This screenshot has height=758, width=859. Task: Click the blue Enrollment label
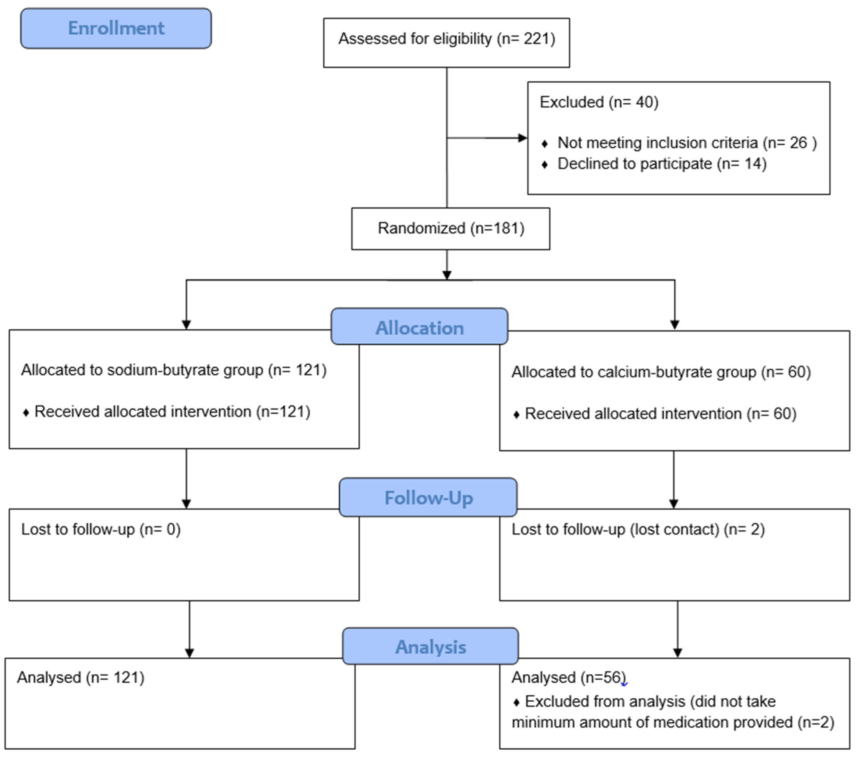coord(116,28)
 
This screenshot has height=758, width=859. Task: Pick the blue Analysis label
coord(430,646)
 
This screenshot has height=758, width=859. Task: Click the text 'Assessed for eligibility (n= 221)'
coord(446,39)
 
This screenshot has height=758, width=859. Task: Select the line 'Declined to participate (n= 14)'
coord(661,164)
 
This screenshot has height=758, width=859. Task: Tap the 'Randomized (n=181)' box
coord(451,228)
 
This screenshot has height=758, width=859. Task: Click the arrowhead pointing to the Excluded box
coord(522,138)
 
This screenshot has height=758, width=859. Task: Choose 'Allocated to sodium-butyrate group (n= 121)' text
coord(174,370)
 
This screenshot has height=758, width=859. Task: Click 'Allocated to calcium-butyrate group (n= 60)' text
coord(661,372)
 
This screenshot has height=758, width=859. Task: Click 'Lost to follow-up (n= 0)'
coord(101,529)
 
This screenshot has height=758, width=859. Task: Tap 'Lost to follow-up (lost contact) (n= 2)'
coord(638,529)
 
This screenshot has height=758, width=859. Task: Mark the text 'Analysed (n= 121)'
coord(81,677)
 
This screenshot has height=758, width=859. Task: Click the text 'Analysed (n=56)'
coord(568,677)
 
